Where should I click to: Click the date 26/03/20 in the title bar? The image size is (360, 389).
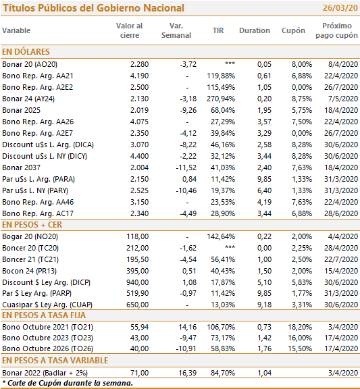click(x=340, y=8)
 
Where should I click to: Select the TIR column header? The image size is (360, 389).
click(x=218, y=30)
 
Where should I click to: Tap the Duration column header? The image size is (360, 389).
click(x=255, y=30)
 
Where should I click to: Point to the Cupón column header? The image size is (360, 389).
click(x=293, y=31)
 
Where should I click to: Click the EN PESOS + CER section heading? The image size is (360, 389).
click(x=32, y=225)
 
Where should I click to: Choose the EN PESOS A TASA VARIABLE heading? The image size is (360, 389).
click(x=55, y=360)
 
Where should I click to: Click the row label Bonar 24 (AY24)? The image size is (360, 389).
click(x=28, y=99)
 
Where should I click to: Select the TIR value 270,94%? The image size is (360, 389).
click(x=221, y=99)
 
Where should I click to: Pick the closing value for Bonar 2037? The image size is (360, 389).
click(x=139, y=167)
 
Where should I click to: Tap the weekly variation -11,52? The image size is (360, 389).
click(x=186, y=167)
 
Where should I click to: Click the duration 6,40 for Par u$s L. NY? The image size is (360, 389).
click(x=264, y=190)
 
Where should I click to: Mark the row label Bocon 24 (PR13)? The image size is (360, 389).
click(x=29, y=271)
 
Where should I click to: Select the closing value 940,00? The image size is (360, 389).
click(x=138, y=282)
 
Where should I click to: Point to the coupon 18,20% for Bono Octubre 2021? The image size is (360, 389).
click(x=300, y=327)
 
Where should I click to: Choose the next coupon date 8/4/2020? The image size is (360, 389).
click(x=343, y=64)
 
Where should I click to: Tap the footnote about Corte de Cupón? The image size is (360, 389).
click(x=68, y=384)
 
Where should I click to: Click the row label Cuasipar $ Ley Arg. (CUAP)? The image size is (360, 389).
click(x=47, y=305)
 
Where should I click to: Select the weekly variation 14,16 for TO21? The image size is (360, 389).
click(x=188, y=327)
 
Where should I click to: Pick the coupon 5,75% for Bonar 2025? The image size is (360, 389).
click(x=302, y=110)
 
